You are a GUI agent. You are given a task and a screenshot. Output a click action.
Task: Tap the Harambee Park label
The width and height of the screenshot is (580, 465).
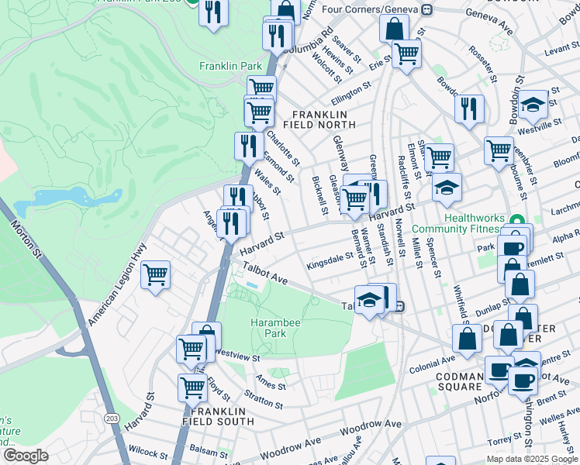coord(268,328)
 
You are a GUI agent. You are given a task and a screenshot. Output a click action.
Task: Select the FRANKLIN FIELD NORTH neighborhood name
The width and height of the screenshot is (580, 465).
coord(324,119)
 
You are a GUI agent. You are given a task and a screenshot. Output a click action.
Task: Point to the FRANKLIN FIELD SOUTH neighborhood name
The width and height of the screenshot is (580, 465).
coord(218,415)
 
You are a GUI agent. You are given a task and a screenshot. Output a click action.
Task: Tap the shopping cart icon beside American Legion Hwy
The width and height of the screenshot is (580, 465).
coord(155,274)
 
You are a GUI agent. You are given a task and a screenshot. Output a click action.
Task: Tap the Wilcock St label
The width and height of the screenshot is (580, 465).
coord(143,449)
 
